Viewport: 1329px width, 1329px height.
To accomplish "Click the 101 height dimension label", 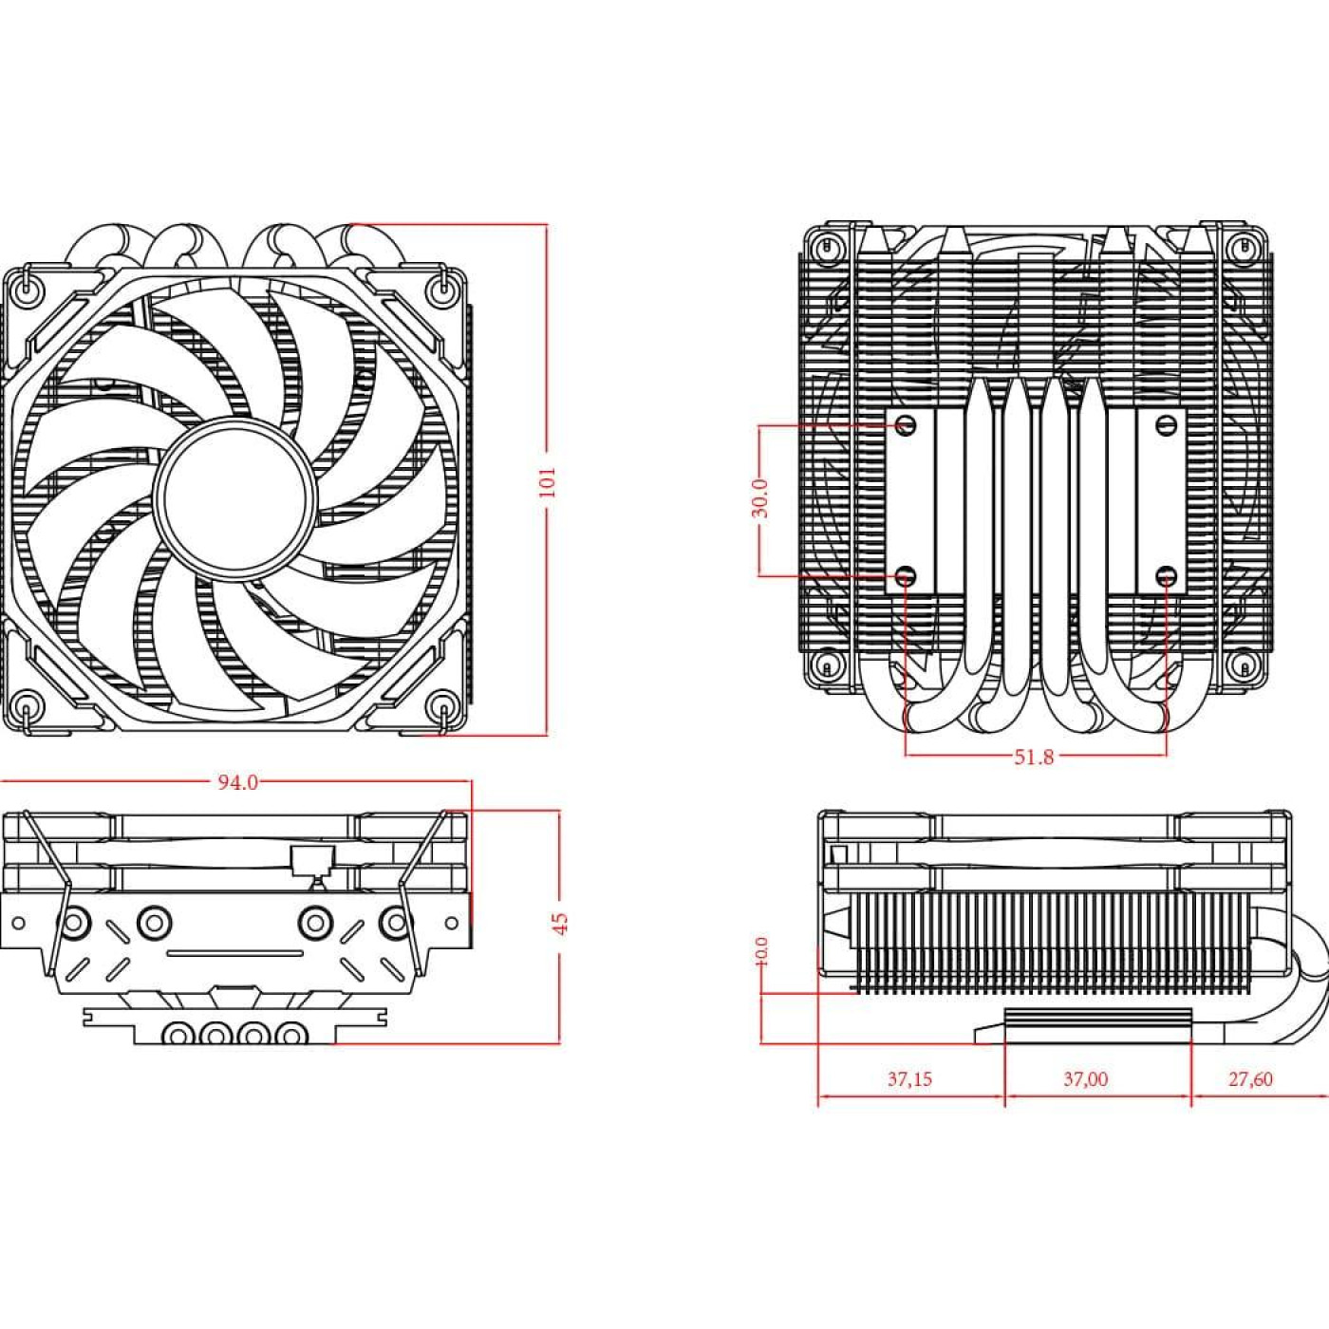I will click(x=547, y=482).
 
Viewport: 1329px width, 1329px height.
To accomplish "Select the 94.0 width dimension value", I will click(x=237, y=782).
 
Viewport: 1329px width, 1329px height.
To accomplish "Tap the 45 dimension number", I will click(x=560, y=923).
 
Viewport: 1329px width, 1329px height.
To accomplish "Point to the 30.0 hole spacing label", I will click(x=759, y=498).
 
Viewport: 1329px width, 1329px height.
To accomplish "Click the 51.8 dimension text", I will click(x=1034, y=757).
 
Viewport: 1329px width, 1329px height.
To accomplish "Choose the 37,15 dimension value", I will click(x=909, y=1079).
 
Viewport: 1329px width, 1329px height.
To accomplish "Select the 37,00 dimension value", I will click(x=1085, y=1079).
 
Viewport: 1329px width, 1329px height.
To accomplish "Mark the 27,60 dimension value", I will click(x=1250, y=1079).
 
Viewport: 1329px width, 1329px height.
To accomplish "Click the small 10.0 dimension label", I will click(x=761, y=951).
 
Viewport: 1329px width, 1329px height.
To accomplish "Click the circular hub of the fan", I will click(x=234, y=497).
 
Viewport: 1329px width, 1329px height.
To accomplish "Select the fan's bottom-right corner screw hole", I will click(x=441, y=707).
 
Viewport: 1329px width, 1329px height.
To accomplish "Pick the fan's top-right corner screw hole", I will click(x=441, y=285).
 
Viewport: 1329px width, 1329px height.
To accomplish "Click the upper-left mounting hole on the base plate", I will click(x=906, y=424).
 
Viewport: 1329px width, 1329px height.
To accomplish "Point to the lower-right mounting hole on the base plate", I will click(x=1168, y=575).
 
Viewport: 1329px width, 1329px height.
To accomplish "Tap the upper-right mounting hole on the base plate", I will click(x=1168, y=424).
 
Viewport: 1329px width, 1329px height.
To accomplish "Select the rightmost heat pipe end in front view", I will click(x=291, y=1033).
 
